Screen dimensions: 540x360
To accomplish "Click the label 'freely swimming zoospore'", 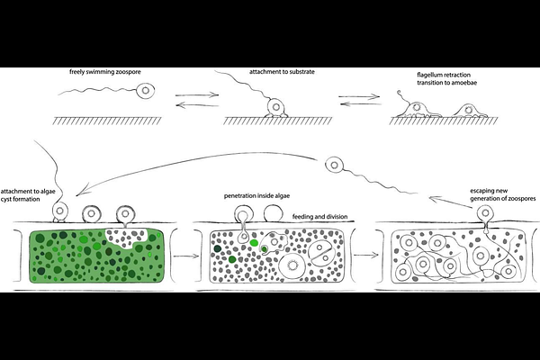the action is point(105,72).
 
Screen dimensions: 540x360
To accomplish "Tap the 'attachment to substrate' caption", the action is point(282,72).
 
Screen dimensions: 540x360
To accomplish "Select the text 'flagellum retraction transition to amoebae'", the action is point(447,78).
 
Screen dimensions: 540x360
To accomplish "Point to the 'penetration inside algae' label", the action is point(256,195).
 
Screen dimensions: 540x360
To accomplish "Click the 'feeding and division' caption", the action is point(319,217).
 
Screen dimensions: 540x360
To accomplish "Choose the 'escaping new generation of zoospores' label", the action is point(503,194).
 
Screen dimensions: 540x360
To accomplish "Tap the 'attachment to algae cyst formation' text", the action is point(28,195).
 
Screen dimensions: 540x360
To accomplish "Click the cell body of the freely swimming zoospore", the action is point(145,91).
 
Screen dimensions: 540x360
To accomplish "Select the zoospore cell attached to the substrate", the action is point(276,107).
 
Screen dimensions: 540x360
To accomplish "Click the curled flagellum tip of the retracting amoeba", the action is point(400,93).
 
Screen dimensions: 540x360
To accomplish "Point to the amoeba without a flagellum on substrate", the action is point(468,111).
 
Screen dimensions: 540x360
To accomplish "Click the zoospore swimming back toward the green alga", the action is point(334,165).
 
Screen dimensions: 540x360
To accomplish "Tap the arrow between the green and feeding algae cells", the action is point(186,256).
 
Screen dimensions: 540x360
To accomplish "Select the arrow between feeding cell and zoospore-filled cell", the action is point(366,256).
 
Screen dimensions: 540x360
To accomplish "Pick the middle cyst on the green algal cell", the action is point(91,213).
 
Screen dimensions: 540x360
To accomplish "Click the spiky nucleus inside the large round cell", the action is point(293,265).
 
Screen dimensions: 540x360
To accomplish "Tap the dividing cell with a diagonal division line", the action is point(320,253).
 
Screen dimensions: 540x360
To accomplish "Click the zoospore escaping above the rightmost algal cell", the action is point(486,212).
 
